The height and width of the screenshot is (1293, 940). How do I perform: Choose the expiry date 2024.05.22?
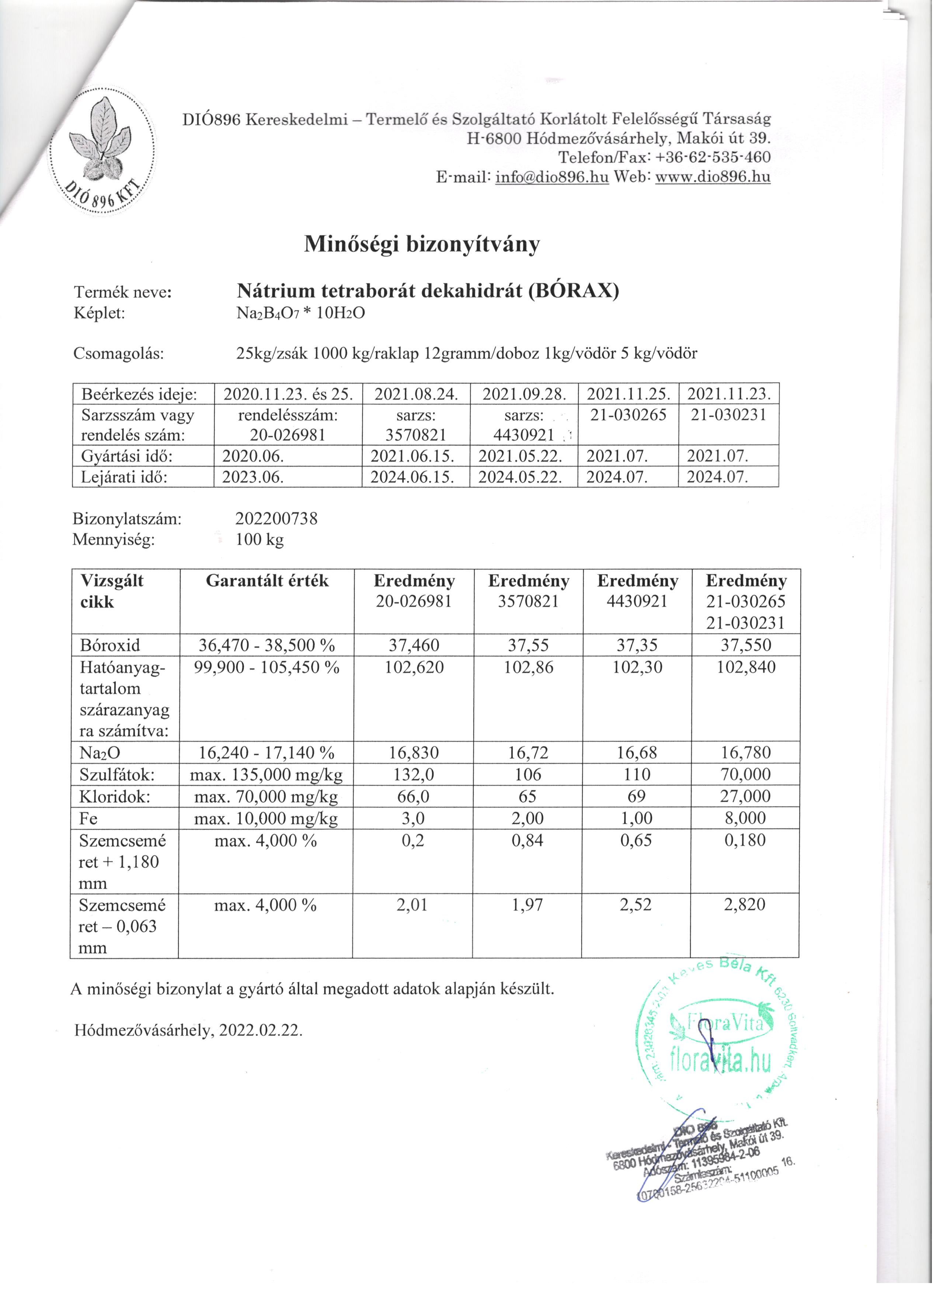pos(523,477)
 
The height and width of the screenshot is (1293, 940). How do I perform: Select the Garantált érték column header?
pos(267,581)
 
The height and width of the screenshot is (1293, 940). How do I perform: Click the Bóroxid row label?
pos(110,646)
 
